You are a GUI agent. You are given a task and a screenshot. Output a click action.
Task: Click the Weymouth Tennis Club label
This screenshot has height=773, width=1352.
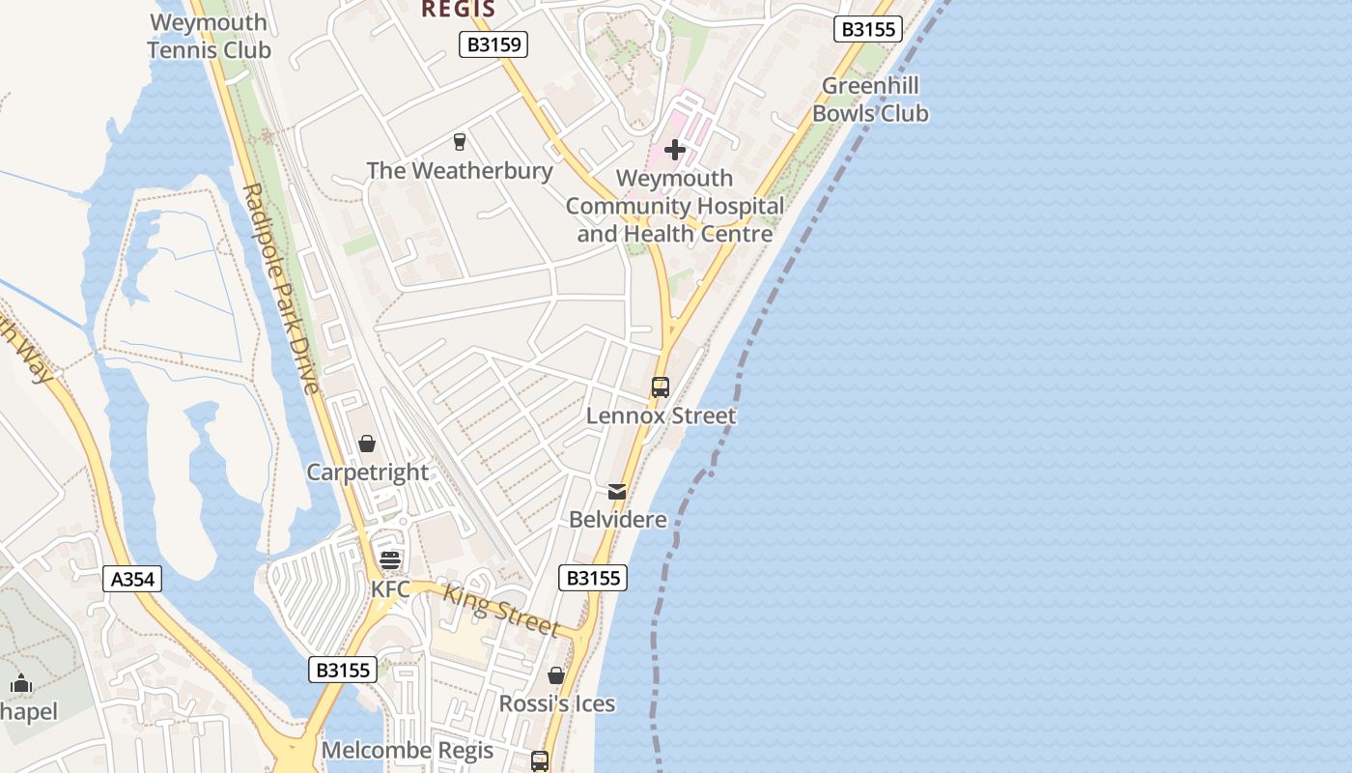click(210, 36)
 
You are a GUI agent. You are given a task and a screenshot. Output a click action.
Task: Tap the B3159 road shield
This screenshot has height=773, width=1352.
click(493, 43)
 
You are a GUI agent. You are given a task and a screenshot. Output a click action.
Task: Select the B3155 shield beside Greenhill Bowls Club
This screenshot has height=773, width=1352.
click(868, 29)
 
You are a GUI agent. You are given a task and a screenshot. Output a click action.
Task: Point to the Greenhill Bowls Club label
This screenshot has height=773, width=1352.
click(870, 100)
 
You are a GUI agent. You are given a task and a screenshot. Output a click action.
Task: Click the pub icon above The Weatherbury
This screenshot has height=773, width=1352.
click(459, 142)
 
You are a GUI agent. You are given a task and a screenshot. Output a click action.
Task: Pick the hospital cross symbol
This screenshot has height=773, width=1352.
click(675, 150)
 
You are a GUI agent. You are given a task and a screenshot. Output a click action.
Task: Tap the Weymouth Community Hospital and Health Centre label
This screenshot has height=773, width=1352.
click(675, 206)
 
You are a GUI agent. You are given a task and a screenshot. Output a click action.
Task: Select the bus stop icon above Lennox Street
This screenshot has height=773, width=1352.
click(661, 387)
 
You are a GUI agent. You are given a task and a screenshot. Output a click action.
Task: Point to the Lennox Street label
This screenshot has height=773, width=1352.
click(662, 415)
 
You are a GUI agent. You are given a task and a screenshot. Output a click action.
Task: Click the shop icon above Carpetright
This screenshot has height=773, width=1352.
click(367, 444)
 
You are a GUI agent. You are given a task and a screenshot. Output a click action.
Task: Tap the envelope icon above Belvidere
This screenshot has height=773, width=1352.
click(617, 492)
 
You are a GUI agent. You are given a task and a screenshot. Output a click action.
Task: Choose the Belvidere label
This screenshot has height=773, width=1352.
click(618, 520)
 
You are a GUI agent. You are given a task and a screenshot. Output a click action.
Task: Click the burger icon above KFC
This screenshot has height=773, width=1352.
click(390, 560)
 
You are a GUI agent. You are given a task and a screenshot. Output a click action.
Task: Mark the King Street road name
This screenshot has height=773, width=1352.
click(501, 611)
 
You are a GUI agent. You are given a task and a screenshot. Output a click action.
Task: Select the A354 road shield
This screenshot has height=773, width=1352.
click(132, 579)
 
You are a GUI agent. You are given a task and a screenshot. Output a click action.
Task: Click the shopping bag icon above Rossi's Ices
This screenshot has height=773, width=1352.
click(556, 675)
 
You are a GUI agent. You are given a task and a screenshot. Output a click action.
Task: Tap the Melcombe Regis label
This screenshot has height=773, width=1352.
click(407, 751)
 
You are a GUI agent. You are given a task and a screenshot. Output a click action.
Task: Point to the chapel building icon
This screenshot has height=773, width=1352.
click(21, 684)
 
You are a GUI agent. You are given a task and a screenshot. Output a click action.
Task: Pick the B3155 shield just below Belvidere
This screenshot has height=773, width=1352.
click(593, 578)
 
